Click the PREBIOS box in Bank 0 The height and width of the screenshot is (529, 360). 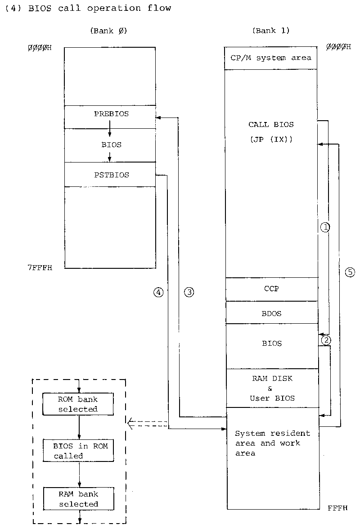pyautogui.click(x=110, y=117)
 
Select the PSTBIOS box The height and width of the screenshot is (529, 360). pyautogui.click(x=110, y=175)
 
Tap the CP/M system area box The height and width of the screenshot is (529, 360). pyautogui.click(x=270, y=58)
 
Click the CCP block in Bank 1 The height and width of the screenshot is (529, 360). pyautogui.click(x=271, y=289)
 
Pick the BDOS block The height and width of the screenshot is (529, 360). pyautogui.click(x=271, y=313)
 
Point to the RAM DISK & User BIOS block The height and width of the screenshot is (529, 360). pyautogui.click(x=271, y=388)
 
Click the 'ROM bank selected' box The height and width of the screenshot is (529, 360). pyautogui.click(x=78, y=404)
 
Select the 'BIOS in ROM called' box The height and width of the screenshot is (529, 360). pyautogui.click(x=78, y=451)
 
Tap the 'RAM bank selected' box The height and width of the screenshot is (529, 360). pyautogui.click(x=78, y=499)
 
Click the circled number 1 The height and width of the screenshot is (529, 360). pyautogui.click(x=325, y=228)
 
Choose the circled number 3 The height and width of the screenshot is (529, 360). pyautogui.click(x=189, y=292)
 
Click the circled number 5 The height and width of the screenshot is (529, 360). pyautogui.click(x=350, y=272)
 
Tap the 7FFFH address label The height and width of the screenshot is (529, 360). pyautogui.click(x=40, y=268)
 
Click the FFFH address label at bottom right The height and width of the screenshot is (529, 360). pyautogui.click(x=337, y=508)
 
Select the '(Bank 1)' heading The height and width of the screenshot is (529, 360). pyautogui.click(x=271, y=31)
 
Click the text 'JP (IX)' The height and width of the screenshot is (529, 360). pyautogui.click(x=271, y=140)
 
